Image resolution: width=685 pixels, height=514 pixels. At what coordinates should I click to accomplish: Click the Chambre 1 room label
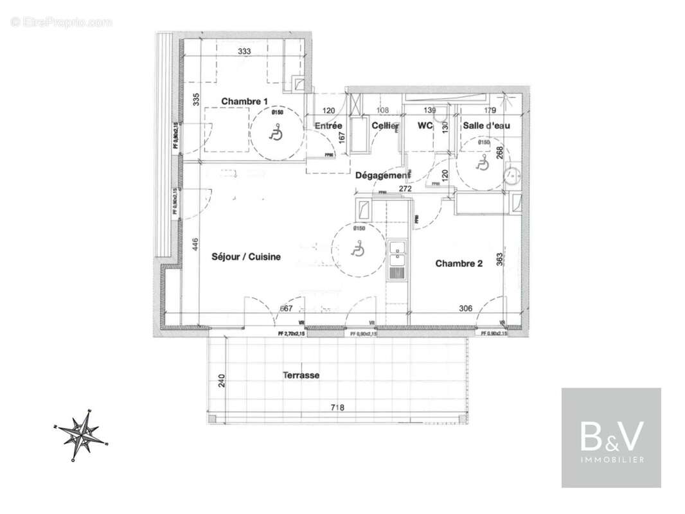click(244, 102)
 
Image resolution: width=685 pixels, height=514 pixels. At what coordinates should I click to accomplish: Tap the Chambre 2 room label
click(459, 263)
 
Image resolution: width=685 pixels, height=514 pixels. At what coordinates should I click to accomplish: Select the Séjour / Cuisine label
click(246, 257)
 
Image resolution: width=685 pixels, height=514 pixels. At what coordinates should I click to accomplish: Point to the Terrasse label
click(301, 375)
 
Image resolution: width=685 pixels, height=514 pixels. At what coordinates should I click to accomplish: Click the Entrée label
click(328, 126)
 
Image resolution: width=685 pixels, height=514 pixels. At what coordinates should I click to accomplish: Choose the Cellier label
click(385, 126)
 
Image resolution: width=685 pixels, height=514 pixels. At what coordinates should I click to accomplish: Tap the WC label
click(425, 126)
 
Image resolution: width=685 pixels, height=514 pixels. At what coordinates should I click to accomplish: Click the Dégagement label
click(382, 175)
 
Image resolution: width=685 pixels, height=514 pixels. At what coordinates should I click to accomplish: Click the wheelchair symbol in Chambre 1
click(276, 134)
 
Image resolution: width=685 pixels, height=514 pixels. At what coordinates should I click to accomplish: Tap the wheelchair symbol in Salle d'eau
click(481, 164)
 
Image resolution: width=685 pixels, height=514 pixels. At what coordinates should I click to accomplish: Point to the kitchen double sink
click(396, 260)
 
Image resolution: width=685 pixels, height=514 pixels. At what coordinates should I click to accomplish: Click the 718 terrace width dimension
click(337, 407)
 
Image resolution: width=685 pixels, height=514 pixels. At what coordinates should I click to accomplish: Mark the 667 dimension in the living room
click(285, 308)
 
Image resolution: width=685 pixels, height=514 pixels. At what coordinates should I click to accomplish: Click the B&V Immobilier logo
click(611, 437)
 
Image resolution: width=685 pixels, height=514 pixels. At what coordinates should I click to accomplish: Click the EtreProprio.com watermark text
click(62, 22)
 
